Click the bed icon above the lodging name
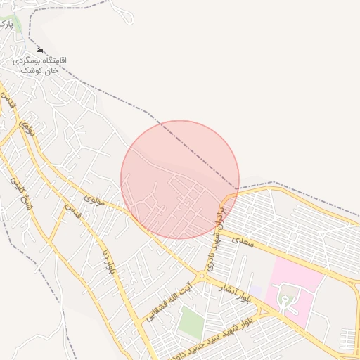tap(40, 51)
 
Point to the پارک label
tap(6, 24)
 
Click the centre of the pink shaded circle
tap(180, 179)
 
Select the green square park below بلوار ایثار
tap(190, 322)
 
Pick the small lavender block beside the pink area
tap(256, 290)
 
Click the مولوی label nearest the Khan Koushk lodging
tap(27, 127)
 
